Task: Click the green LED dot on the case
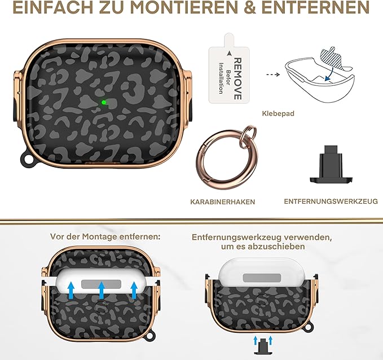[104, 102]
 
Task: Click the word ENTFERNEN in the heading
[315, 7]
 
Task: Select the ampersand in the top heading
[249, 7]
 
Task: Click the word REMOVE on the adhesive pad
[237, 78]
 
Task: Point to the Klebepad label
[278, 113]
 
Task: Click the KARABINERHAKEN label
[222, 202]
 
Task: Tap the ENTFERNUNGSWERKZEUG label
[331, 201]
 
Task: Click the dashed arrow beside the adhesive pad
[273, 74]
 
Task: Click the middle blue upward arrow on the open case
[102, 290]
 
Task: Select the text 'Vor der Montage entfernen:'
[105, 236]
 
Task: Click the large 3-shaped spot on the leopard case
[135, 88]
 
